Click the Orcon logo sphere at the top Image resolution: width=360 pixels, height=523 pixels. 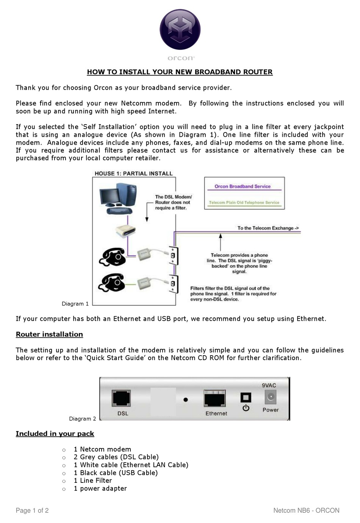pos(180,30)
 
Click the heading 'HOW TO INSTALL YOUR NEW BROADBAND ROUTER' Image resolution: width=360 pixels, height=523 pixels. pos(180,72)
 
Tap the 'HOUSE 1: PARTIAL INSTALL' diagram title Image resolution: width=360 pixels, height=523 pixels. pos(133,173)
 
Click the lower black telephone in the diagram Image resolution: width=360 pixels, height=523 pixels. pos(112,283)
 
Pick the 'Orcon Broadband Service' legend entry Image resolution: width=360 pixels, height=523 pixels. pos(243,186)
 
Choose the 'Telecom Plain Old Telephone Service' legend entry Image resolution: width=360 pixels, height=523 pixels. pos(244,203)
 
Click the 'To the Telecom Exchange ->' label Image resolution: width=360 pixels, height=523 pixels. pos(268,228)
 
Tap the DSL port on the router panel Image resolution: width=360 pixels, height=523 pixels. pos(121,399)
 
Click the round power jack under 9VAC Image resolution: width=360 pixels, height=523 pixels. pos(271,397)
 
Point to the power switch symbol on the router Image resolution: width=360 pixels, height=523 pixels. pos(246,407)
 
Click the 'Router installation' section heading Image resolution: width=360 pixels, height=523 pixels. pos(49,334)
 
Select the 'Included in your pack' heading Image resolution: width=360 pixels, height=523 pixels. pos(55,434)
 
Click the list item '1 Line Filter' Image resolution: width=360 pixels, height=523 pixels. pos(93,481)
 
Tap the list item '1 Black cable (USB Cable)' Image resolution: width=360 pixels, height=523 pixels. pos(116,473)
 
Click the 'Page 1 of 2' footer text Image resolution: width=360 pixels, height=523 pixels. pos(32,511)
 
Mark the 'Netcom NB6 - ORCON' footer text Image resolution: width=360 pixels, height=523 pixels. pos(306,511)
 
